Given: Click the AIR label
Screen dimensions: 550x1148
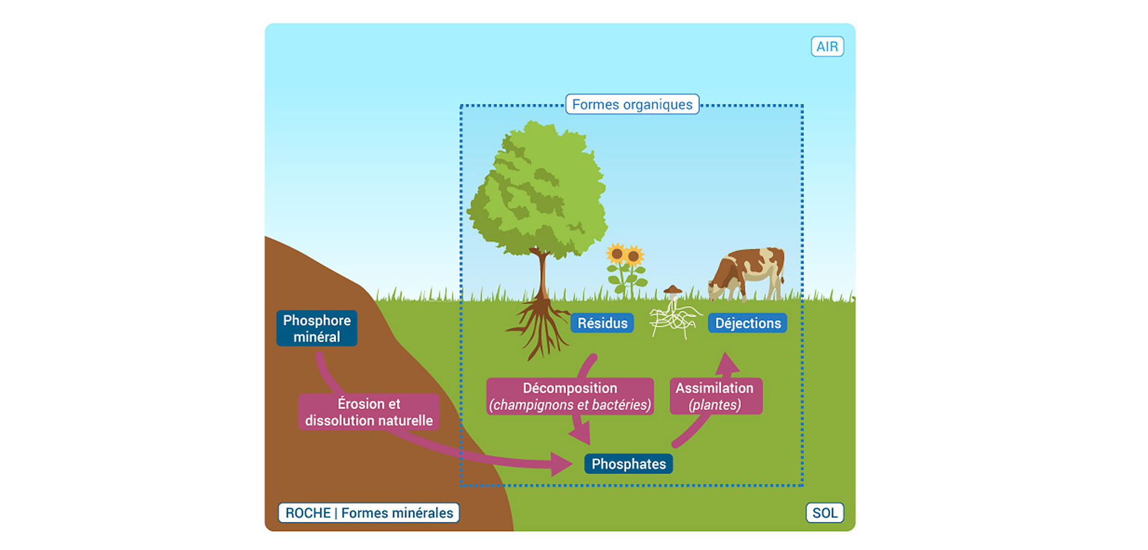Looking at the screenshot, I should point(827,46).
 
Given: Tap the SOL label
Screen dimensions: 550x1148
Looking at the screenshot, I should point(824,513).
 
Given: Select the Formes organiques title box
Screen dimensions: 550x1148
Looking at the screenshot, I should point(632,104).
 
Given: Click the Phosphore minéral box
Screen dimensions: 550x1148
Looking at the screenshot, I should point(317,328).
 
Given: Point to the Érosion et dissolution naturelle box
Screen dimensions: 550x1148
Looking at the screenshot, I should point(368,412).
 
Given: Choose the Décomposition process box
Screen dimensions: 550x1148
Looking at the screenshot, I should point(570,396).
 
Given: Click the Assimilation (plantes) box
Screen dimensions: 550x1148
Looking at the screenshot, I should point(715,396).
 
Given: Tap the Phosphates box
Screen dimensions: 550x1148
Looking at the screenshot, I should point(628,464).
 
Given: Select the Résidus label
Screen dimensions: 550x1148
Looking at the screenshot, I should point(602,323).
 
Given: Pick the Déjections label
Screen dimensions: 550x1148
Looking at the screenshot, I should point(747,323).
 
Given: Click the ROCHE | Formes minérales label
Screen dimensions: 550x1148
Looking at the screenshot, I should point(368,513).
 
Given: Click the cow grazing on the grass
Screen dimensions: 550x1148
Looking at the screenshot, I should point(749,273).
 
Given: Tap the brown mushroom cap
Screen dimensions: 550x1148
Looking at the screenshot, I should point(672,290).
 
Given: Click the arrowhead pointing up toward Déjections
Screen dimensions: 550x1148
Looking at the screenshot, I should point(728,363).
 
